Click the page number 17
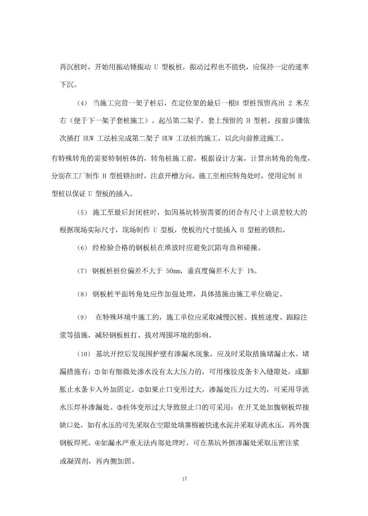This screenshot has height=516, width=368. (184, 479)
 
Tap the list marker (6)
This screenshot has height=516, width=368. (82, 248)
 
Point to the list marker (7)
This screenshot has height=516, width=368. (82, 271)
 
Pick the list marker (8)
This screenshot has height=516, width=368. (82, 295)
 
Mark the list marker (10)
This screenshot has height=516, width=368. (84, 354)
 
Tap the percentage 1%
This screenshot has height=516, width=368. (251, 271)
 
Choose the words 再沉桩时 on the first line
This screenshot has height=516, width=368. (74, 67)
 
